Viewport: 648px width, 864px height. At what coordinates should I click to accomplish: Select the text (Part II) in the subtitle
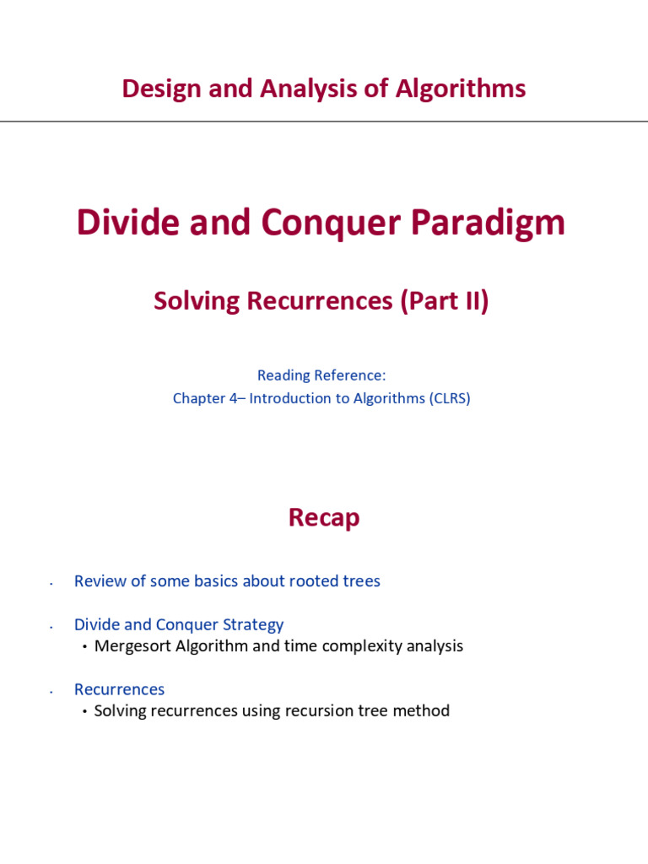coord(444,301)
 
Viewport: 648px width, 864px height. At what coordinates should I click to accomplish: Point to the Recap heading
coord(324,517)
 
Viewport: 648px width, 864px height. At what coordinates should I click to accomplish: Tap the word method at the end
coord(422,710)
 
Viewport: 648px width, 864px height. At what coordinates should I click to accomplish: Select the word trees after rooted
coord(361,580)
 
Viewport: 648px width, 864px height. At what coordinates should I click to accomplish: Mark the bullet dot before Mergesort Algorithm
coord(85,647)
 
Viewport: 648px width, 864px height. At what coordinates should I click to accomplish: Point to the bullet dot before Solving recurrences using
coord(85,711)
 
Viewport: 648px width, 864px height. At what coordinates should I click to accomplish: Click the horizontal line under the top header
coord(324,121)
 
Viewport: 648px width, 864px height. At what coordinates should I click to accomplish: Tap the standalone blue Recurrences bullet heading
coord(119,689)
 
